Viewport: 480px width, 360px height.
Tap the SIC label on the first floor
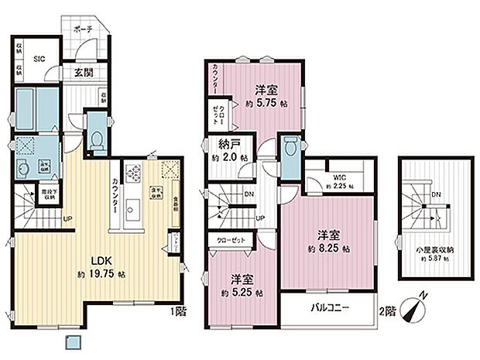37,57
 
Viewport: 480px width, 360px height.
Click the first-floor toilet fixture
98,139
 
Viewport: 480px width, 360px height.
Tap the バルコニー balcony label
328,308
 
